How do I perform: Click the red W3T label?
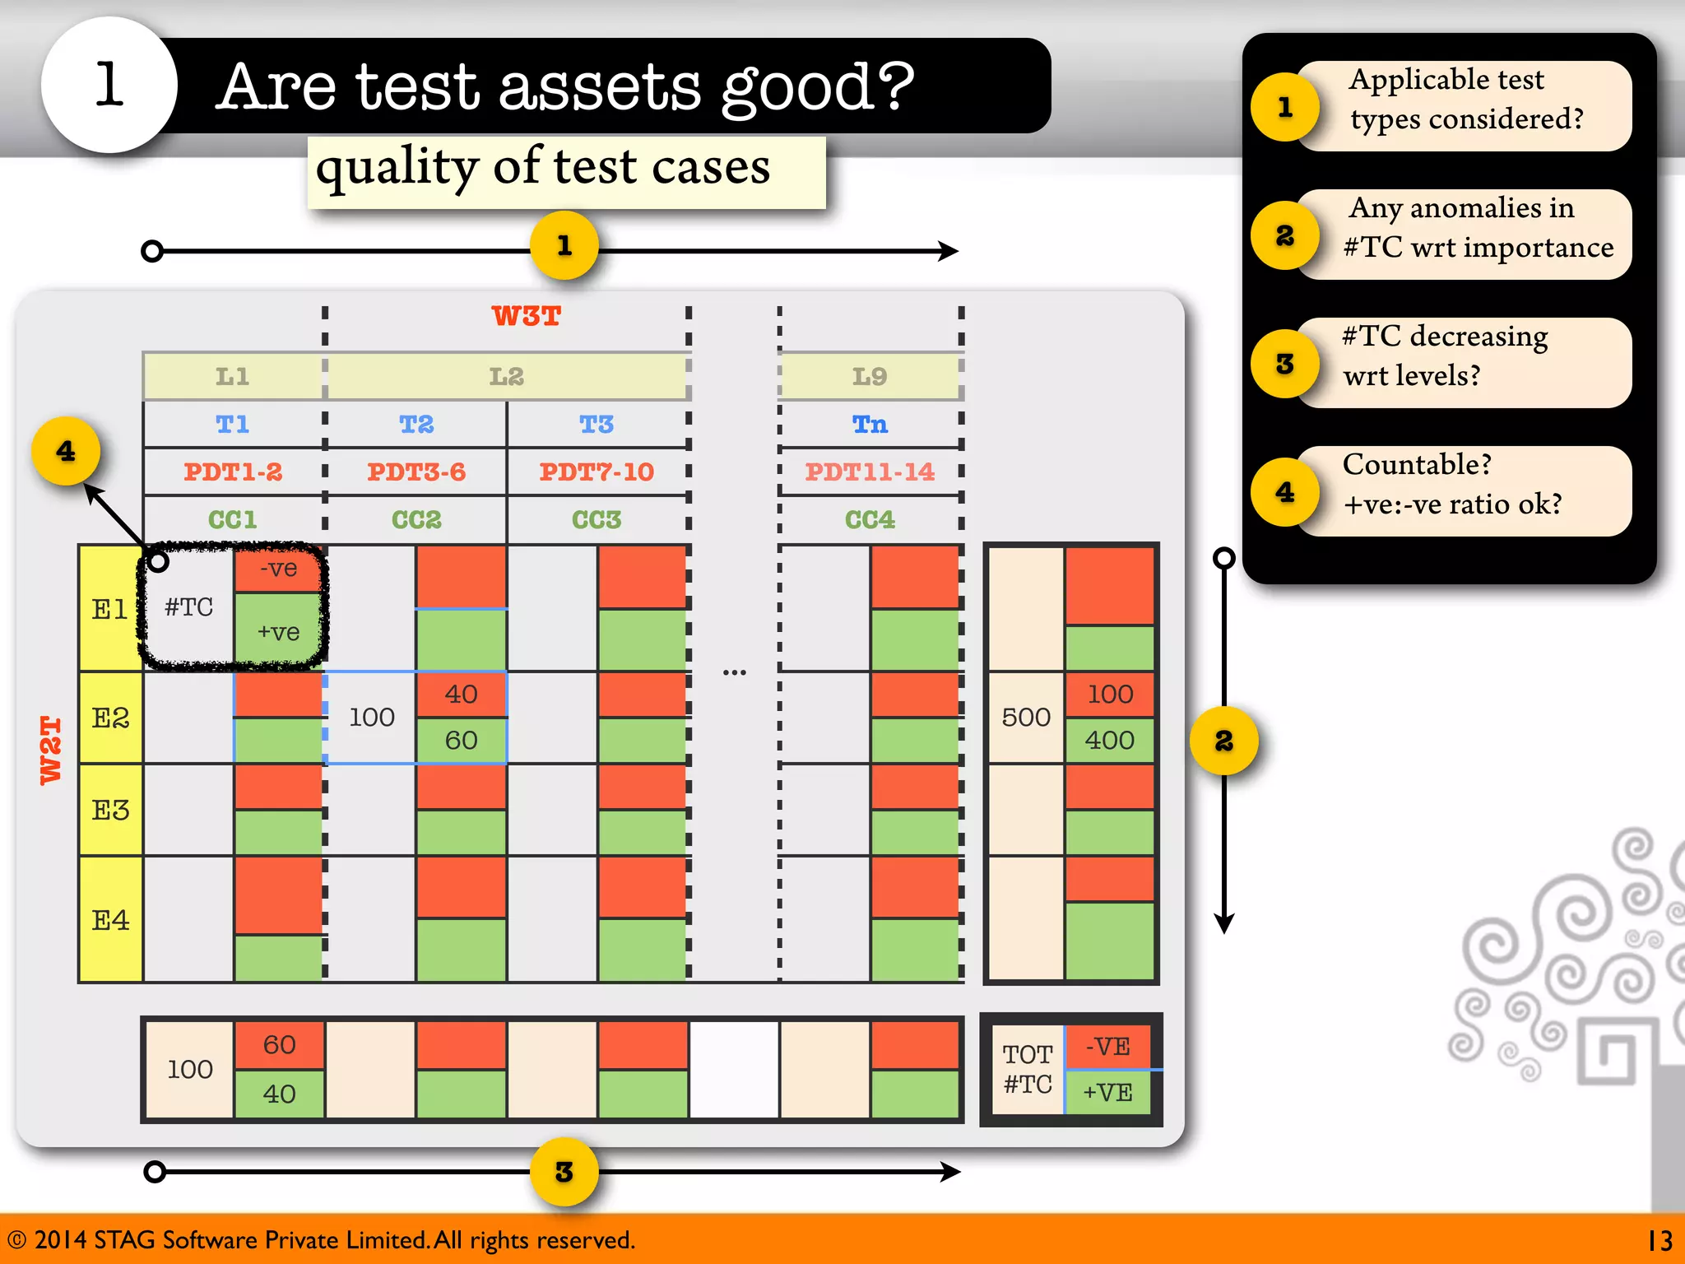(x=526, y=316)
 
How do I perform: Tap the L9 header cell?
(x=870, y=376)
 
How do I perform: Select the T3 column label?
(x=596, y=425)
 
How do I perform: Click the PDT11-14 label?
(x=870, y=472)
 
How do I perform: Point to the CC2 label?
(x=416, y=519)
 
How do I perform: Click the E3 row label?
(x=110, y=811)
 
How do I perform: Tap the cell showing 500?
(x=1026, y=717)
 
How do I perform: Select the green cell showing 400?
(x=1109, y=740)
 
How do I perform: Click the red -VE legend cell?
(x=1107, y=1047)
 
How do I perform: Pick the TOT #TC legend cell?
(x=1028, y=1069)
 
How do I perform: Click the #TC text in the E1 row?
(x=188, y=607)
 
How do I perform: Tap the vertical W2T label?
(x=51, y=750)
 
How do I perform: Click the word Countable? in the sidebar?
(x=1417, y=465)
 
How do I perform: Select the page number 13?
(x=1659, y=1240)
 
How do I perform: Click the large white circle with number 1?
(x=109, y=85)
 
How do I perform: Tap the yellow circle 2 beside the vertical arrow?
(x=1223, y=741)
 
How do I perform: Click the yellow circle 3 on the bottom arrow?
(x=564, y=1172)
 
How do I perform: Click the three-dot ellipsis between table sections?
(x=734, y=672)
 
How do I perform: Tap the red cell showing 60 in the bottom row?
(x=279, y=1045)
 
